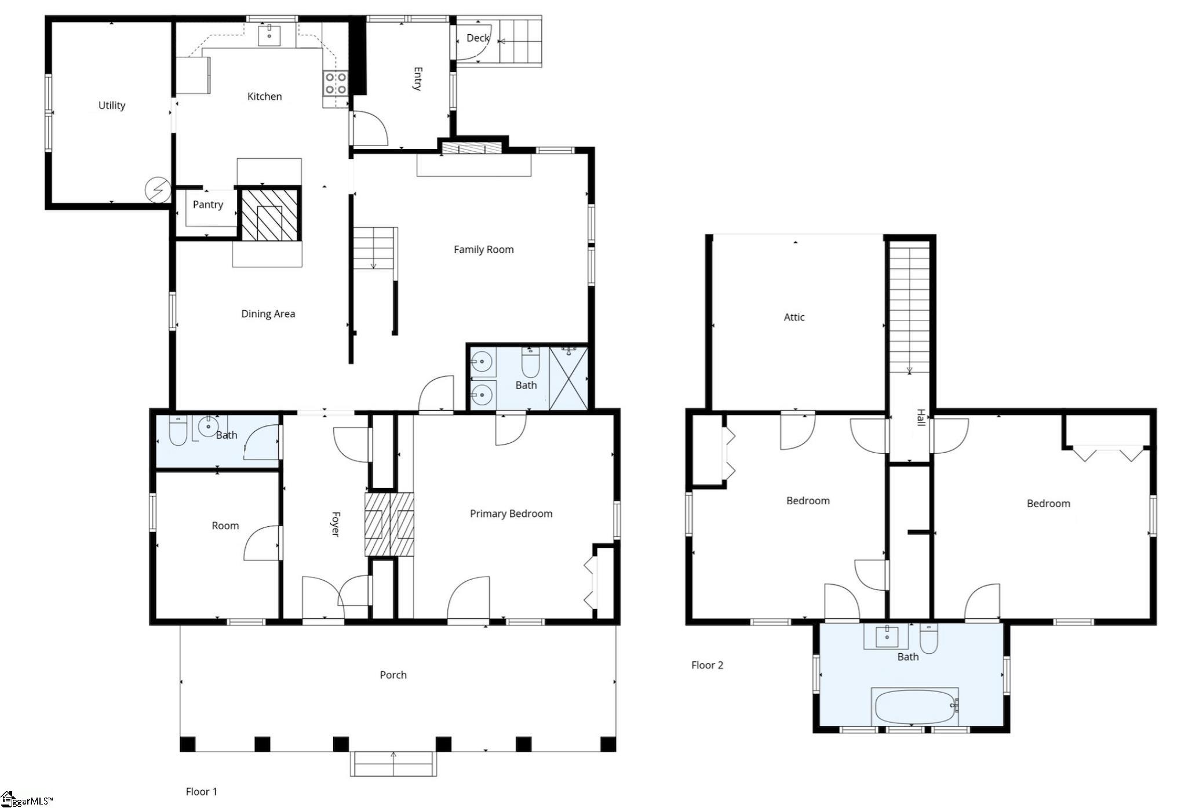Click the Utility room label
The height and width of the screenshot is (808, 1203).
pyautogui.click(x=112, y=105)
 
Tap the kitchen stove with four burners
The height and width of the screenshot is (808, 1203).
pyautogui.click(x=336, y=83)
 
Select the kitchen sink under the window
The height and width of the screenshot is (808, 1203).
pyautogui.click(x=269, y=35)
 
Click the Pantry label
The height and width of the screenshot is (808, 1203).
pyautogui.click(x=208, y=205)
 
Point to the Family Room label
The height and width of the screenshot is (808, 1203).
pyautogui.click(x=484, y=250)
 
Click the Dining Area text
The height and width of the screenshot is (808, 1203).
pyautogui.click(x=268, y=314)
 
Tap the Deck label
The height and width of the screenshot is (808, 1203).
pyautogui.click(x=478, y=38)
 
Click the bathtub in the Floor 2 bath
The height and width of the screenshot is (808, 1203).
pyautogui.click(x=915, y=707)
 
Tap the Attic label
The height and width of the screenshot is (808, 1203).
pyautogui.click(x=794, y=318)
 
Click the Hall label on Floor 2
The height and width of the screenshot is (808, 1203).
pyautogui.click(x=921, y=417)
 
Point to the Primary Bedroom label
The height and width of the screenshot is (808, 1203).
pyautogui.click(x=511, y=514)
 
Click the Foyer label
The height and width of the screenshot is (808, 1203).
pyautogui.click(x=335, y=524)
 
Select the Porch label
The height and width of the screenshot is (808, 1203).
pyautogui.click(x=393, y=675)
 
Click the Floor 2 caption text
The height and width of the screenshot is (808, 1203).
pyautogui.click(x=708, y=665)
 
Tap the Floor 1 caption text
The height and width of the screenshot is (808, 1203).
pyautogui.click(x=202, y=792)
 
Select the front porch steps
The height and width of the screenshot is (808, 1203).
pyautogui.click(x=393, y=764)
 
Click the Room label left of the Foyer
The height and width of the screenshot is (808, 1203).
pyautogui.click(x=225, y=526)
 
